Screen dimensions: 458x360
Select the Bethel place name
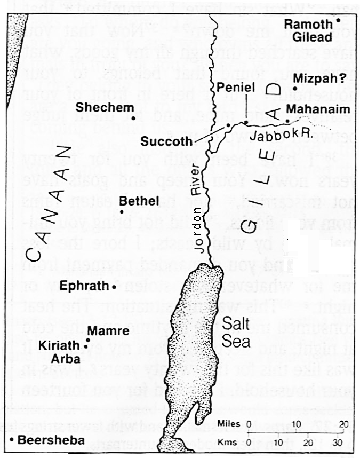click(140, 201)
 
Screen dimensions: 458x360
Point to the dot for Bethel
click(122, 212)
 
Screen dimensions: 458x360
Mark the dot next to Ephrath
click(114, 287)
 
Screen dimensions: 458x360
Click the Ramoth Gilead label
click(308, 30)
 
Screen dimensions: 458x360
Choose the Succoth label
click(167, 141)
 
